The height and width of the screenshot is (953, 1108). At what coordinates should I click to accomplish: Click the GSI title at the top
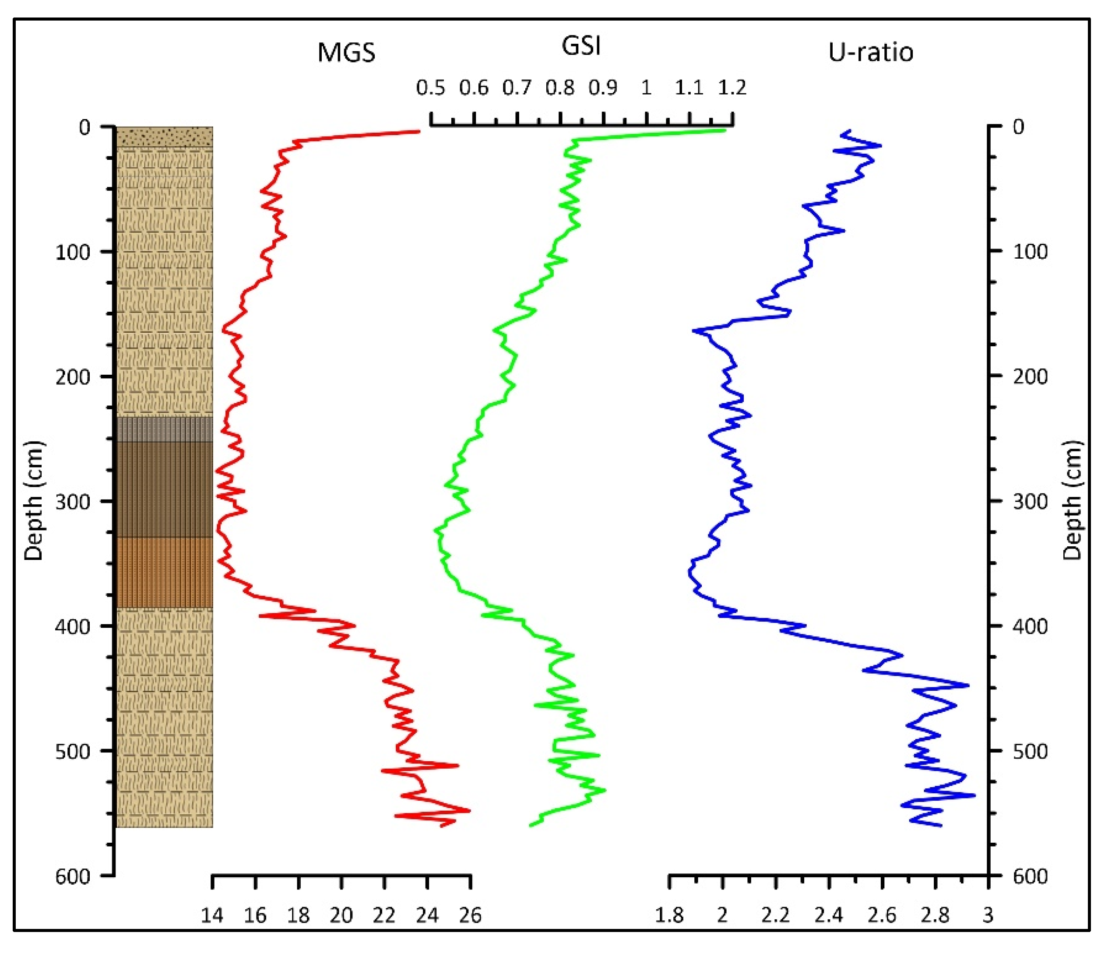click(581, 46)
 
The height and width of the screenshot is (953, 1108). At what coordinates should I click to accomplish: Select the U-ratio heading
click(871, 53)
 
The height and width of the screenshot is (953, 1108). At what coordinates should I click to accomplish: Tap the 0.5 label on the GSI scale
click(430, 88)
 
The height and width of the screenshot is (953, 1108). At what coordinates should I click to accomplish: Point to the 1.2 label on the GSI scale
click(732, 88)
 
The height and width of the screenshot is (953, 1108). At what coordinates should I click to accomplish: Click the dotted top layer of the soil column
click(165, 137)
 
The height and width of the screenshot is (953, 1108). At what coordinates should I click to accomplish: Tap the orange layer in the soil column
click(165, 572)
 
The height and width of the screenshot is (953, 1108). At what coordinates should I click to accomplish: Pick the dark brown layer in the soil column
click(165, 489)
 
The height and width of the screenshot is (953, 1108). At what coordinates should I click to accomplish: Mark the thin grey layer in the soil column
click(165, 429)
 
